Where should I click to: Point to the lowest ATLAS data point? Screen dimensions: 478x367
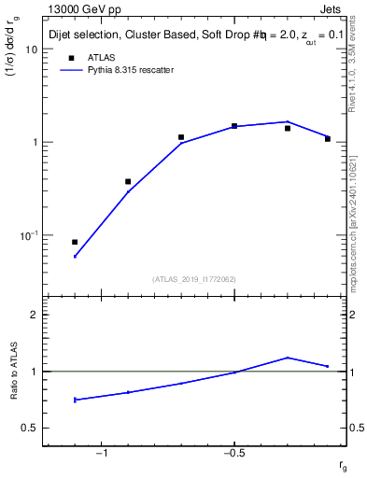click(x=75, y=242)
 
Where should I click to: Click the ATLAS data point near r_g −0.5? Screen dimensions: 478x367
click(x=234, y=125)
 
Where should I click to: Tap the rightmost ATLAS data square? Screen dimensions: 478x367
click(x=328, y=138)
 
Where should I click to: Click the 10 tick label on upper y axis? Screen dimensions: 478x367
click(x=31, y=49)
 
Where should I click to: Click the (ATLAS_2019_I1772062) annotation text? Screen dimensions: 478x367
click(x=194, y=278)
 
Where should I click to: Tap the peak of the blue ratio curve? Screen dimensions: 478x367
click(x=288, y=358)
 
